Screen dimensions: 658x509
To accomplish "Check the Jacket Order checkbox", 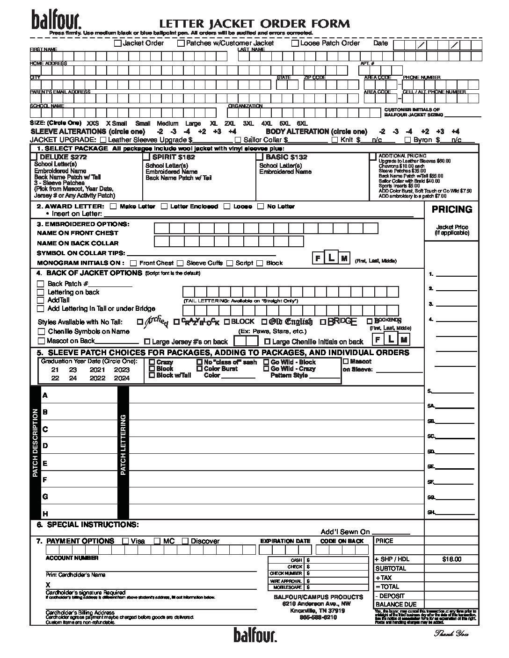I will (118, 43).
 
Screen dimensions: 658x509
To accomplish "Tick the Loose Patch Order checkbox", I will (295, 43).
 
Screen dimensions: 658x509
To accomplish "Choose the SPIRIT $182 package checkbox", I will (146, 157).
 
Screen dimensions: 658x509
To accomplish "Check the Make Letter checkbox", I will (113, 206).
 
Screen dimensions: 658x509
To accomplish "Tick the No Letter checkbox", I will (261, 206).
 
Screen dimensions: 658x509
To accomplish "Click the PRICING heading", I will (451, 209).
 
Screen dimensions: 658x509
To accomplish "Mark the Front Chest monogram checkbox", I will (133, 263).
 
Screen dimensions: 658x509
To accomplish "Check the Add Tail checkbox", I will (41, 300).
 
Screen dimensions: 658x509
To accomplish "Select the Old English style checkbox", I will (264, 322).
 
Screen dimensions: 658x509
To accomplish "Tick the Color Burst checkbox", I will (200, 369).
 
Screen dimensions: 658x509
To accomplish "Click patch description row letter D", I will (45, 446).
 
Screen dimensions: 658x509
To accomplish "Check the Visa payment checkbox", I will (125, 541).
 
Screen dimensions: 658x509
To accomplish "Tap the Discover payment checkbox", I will (185, 541).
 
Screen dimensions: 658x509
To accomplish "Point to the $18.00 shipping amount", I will (451, 559).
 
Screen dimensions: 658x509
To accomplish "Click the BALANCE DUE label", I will (396, 604).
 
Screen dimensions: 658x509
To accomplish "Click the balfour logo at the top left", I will (57, 19).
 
